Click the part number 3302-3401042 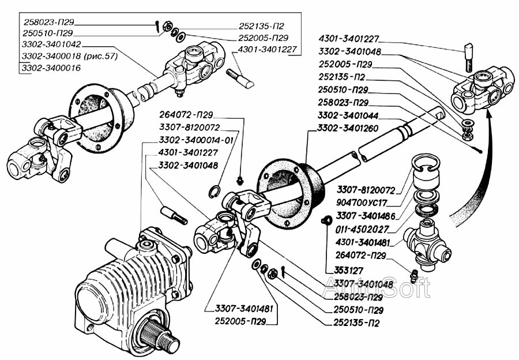(51, 43)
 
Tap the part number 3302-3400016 (51, 68)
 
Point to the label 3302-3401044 (347, 115)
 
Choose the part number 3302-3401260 (347, 127)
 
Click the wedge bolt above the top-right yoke (468, 55)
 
